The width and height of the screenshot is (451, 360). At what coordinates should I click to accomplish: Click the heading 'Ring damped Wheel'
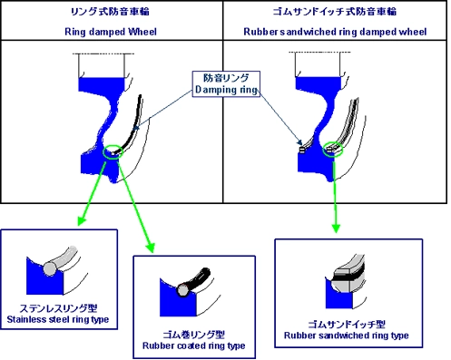point(111,32)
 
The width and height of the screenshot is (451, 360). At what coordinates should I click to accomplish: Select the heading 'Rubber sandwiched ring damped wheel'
point(335,32)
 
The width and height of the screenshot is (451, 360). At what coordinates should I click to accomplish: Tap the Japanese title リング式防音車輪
point(110,12)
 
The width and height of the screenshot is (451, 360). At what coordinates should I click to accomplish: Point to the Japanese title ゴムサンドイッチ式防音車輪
point(335,12)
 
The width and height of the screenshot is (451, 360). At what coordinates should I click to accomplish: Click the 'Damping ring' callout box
point(226,83)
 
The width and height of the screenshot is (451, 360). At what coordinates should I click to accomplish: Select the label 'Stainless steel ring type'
point(58,319)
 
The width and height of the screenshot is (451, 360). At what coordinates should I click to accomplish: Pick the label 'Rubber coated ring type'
point(194,345)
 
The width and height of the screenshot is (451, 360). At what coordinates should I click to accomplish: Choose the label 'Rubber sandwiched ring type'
point(347,336)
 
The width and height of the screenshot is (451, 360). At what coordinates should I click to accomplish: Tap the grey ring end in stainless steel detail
point(50,268)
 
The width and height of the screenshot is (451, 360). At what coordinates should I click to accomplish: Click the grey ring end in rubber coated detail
point(182,290)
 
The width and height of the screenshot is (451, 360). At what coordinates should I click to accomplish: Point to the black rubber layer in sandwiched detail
point(348,276)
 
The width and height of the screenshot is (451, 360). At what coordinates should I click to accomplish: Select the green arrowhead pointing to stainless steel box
point(82,220)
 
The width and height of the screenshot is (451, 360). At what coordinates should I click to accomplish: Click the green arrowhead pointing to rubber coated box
point(151,248)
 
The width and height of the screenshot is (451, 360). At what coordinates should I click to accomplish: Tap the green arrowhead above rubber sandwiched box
point(336,228)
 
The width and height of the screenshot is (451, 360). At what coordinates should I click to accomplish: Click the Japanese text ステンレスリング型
point(58,308)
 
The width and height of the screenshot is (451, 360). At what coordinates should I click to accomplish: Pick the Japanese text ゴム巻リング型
point(194,335)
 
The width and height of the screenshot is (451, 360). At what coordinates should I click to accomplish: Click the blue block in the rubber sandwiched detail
point(338,297)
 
